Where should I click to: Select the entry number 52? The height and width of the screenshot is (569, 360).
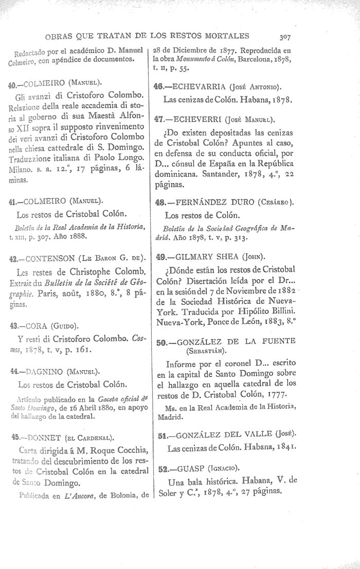(x=160, y=469)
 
